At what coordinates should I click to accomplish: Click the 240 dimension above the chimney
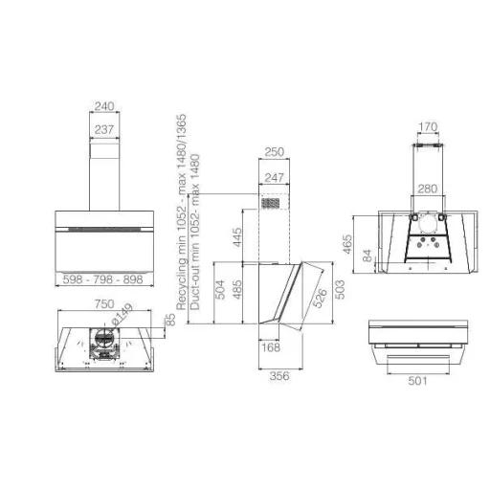pos(104,106)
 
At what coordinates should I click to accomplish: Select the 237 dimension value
pos(104,129)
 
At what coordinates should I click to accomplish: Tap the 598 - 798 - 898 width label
pos(102,279)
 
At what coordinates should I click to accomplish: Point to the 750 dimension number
pos(104,303)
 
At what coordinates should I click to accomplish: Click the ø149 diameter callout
pos(122,314)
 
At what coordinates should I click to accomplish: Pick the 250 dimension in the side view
pos(274,152)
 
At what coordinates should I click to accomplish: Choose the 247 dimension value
pos(274,177)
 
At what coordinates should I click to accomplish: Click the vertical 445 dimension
pos(237,237)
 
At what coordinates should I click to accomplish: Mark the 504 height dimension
pos(220,290)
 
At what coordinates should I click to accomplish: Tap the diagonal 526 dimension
pos(320,298)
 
